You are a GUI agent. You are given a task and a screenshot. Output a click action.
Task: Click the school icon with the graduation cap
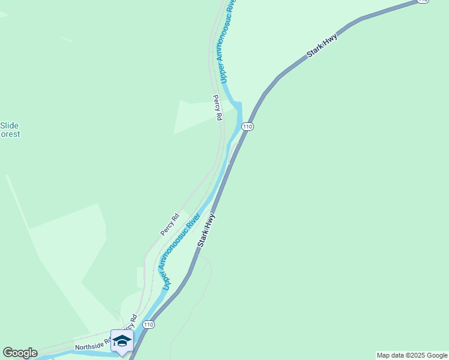122,341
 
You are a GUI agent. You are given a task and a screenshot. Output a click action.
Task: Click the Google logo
20,353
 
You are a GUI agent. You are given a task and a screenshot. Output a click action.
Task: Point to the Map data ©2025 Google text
412,355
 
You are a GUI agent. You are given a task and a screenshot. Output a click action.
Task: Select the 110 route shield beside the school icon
149,325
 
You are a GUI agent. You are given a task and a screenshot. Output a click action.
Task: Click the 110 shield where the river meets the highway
248,127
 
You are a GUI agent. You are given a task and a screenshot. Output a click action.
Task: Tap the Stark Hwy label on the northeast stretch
322,46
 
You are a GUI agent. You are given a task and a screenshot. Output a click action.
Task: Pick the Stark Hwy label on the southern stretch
206,230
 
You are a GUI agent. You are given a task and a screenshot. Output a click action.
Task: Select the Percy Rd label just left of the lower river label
170,224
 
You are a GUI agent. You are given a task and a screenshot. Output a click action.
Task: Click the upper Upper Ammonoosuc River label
228,41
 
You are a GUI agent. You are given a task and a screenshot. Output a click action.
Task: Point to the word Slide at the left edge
10,125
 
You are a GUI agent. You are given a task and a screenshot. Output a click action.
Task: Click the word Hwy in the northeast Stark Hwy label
331,40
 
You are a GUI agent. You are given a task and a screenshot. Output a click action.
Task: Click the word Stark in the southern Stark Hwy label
203,238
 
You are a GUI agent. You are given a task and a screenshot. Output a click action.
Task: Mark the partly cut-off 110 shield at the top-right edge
423,2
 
